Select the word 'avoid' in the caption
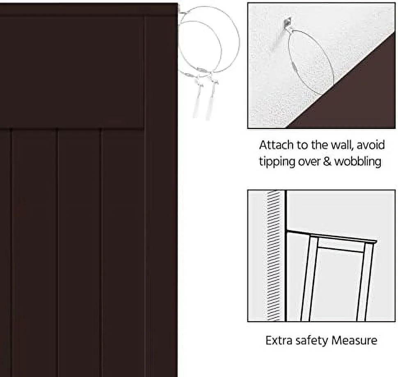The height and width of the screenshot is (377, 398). tap(371, 145)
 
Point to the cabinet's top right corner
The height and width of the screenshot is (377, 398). tap(177, 4)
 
